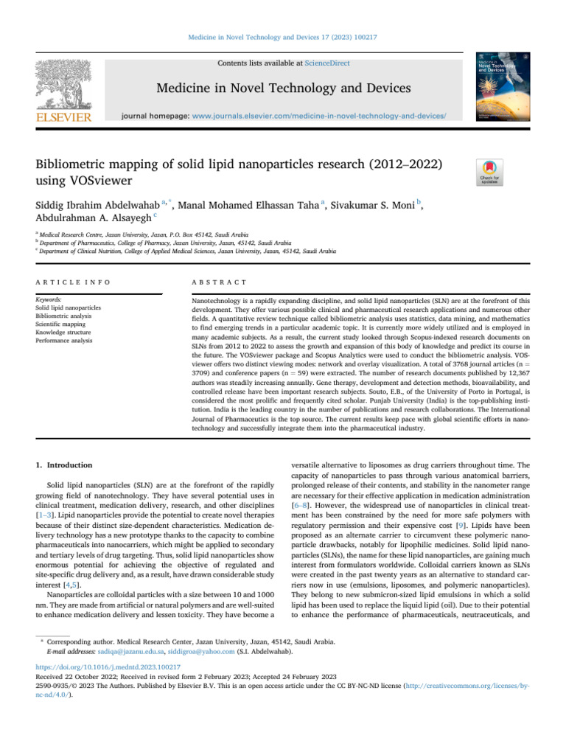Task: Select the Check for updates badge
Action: coord(491,171)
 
